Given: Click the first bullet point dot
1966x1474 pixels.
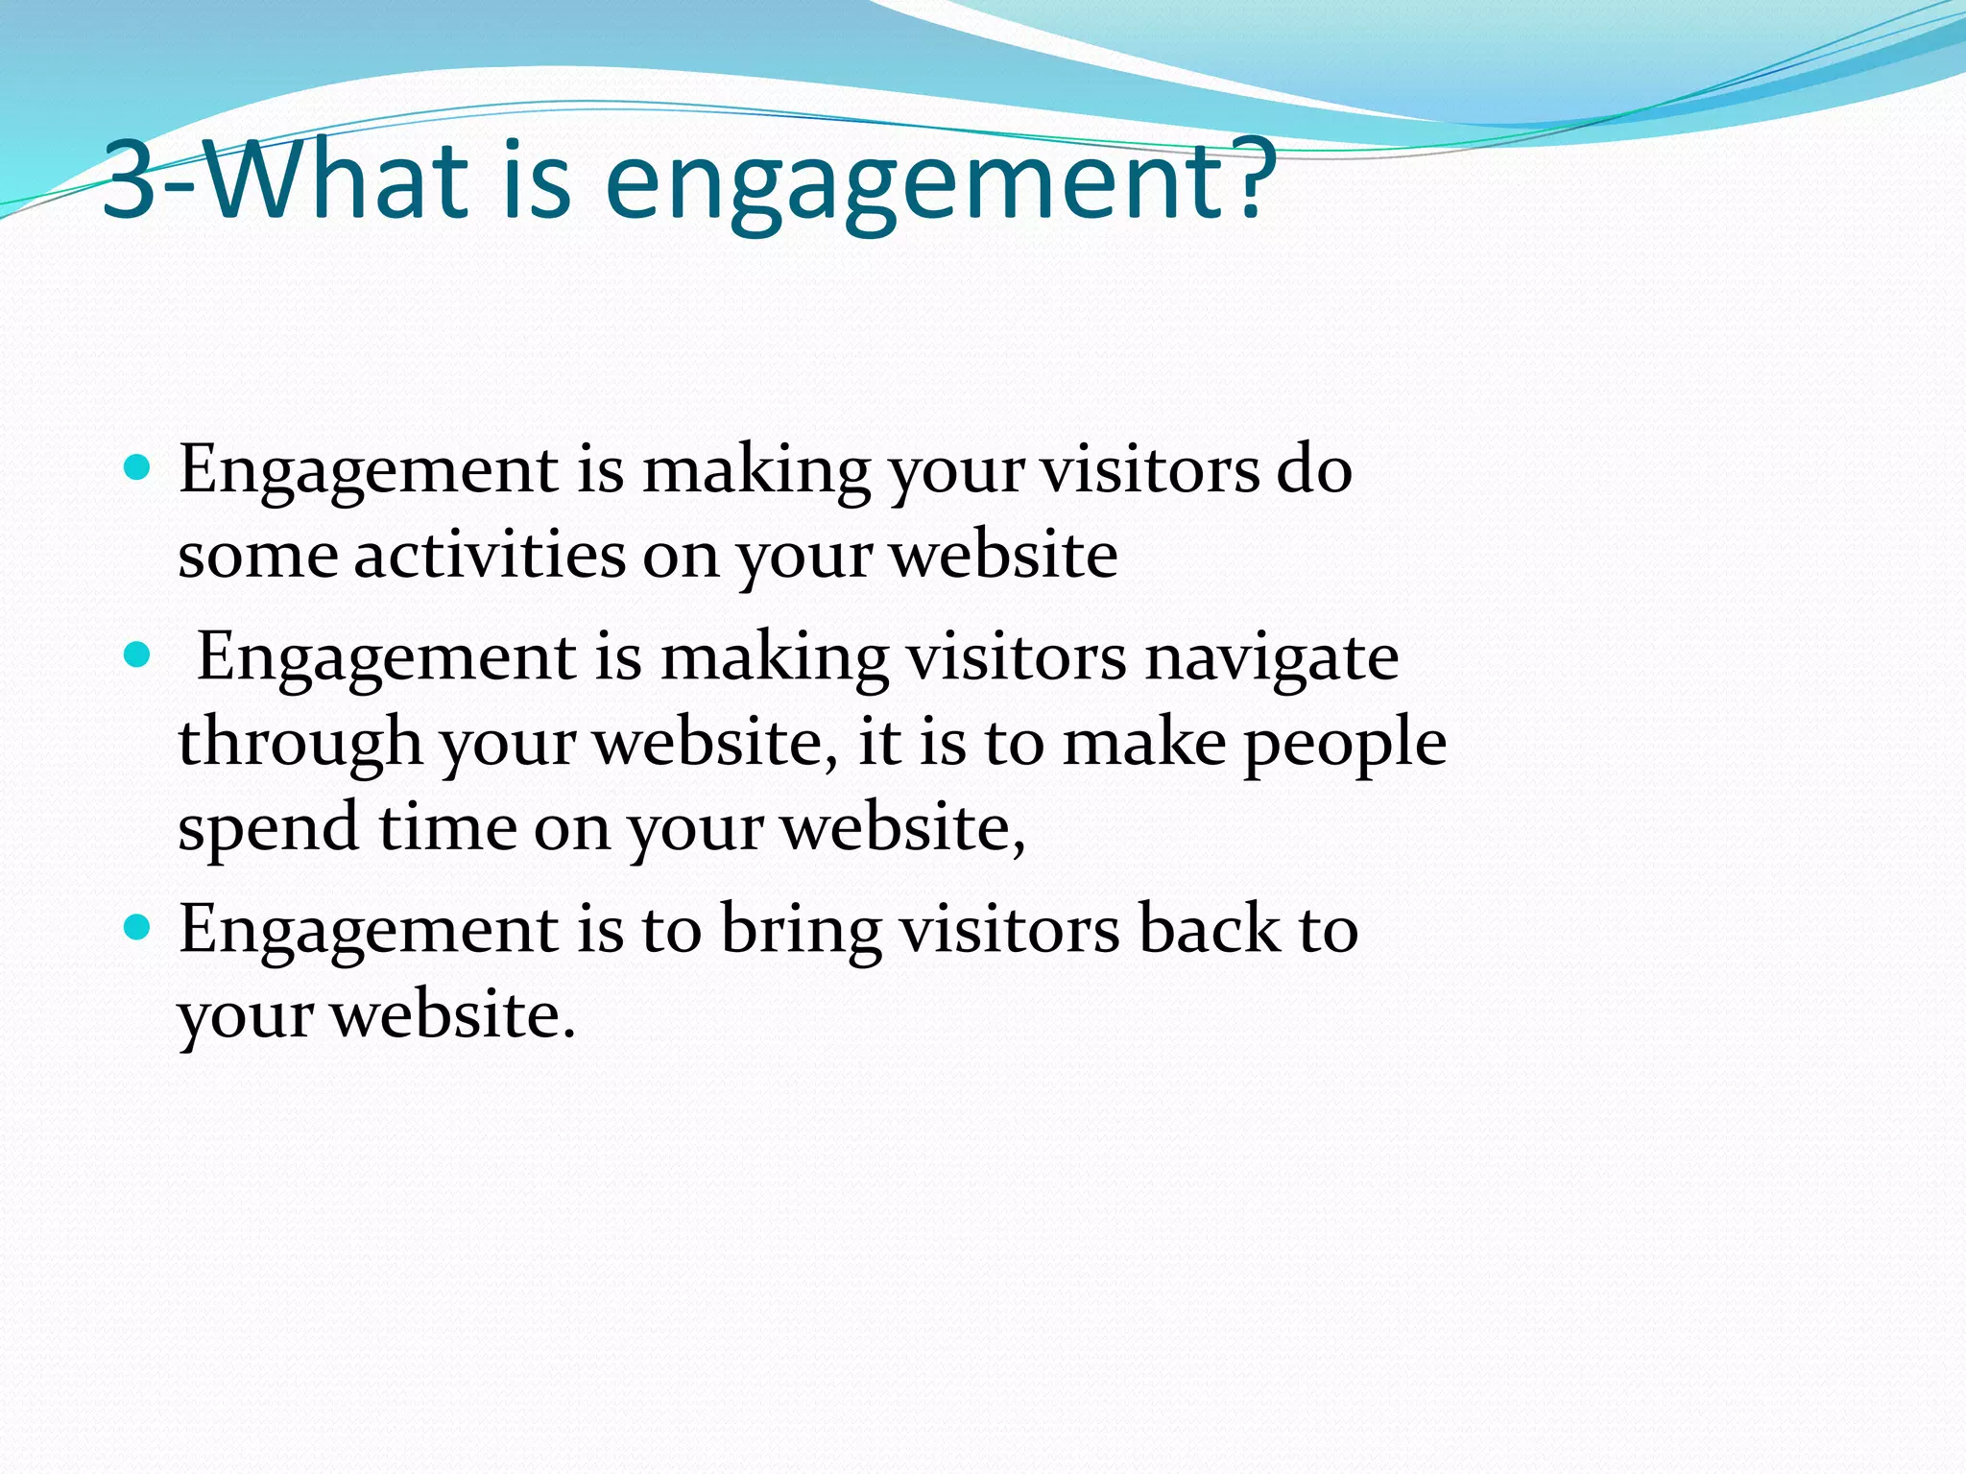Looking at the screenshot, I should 138,468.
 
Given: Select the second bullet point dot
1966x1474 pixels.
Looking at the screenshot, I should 138,655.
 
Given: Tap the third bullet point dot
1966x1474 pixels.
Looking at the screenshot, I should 138,928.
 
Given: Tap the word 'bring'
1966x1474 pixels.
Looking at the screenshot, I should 801,932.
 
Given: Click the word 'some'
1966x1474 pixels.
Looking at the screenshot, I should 257,557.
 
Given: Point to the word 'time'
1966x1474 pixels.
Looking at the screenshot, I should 447,827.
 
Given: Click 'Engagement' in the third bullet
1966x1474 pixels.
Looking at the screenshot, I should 369,932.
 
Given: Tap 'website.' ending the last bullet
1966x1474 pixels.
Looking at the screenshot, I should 453,1014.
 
